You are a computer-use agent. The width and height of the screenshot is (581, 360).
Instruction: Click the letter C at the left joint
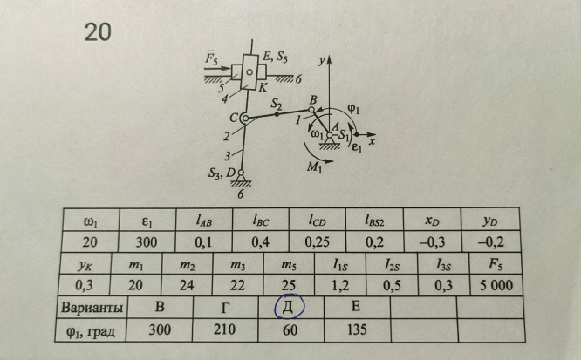tap(235, 117)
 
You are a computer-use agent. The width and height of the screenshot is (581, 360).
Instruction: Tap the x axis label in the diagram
tap(372, 139)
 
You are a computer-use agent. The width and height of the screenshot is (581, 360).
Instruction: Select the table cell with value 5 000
tap(496, 285)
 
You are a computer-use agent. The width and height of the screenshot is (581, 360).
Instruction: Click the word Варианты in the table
tap(91, 308)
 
